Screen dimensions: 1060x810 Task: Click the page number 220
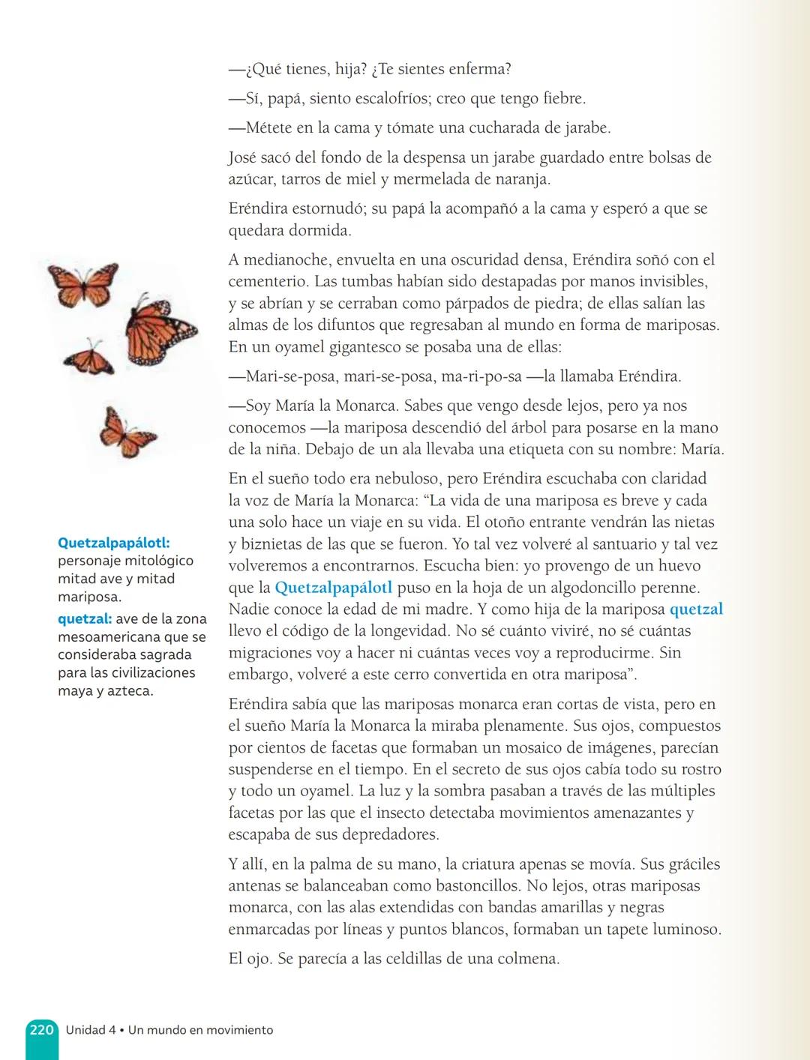pyautogui.click(x=41, y=1030)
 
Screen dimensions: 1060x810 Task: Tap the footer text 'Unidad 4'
pyautogui.click(x=90, y=1030)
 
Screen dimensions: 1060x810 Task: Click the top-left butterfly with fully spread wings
pyautogui.click(x=84, y=284)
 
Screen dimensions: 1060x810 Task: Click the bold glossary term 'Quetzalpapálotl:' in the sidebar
pyautogui.click(x=113, y=543)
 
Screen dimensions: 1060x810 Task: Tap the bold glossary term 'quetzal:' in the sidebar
pyautogui.click(x=85, y=619)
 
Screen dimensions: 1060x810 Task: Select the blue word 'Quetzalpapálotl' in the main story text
pyautogui.click(x=333, y=588)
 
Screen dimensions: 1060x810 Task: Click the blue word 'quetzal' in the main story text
pyautogui.click(x=696, y=609)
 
